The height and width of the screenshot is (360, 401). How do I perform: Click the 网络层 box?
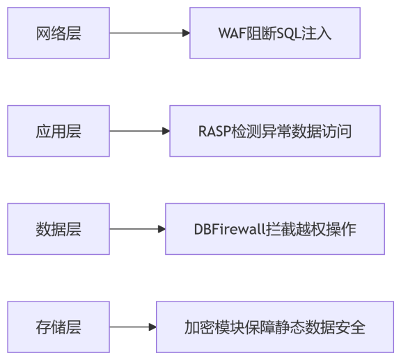tap(58, 33)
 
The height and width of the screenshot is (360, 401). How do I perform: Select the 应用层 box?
tap(58, 131)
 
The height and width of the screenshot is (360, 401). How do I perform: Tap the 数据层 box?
tap(58, 229)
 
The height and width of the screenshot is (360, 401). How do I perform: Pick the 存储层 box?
tap(58, 327)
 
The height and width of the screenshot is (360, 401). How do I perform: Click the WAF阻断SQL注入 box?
tap(275, 33)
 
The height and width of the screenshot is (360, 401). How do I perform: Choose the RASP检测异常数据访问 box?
tap(275, 131)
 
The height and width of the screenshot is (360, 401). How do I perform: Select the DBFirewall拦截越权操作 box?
tap(275, 229)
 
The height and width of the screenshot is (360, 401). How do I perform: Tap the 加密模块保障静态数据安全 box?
tap(275, 327)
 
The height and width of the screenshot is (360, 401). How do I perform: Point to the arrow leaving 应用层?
tap(139, 131)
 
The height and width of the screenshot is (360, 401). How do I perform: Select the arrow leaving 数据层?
tap(136, 229)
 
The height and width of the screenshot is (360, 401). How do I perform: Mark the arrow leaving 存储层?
tap(132, 327)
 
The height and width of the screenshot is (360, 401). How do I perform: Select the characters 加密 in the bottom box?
tap(199, 327)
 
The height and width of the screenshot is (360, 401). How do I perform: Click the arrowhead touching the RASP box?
tap(166, 131)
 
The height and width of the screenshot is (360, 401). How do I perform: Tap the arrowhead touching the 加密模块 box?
tap(152, 327)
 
